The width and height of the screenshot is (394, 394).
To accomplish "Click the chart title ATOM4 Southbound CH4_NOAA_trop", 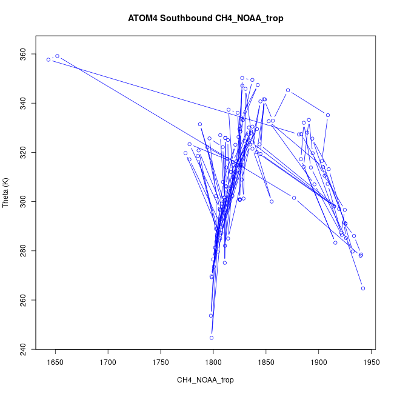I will click(205, 18).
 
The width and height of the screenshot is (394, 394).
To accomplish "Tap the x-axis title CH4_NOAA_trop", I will click(205, 380).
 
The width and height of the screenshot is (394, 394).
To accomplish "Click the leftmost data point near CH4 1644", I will click(48, 59).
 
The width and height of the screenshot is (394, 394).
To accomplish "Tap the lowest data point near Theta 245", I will click(212, 338).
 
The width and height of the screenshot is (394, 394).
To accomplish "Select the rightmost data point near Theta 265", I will click(363, 289).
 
